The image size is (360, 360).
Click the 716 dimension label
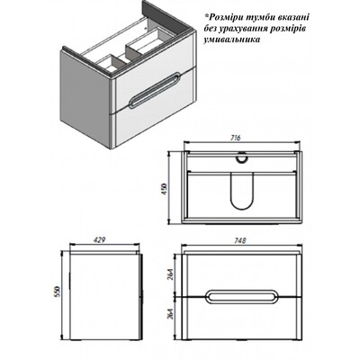tap(236, 138)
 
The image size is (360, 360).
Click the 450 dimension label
tap(165, 189)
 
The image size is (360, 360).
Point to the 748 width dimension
tap(240, 240)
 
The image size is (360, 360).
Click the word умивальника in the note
tap(232, 40)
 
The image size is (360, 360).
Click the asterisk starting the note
tap(207, 15)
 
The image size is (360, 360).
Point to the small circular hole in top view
tap(241, 157)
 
